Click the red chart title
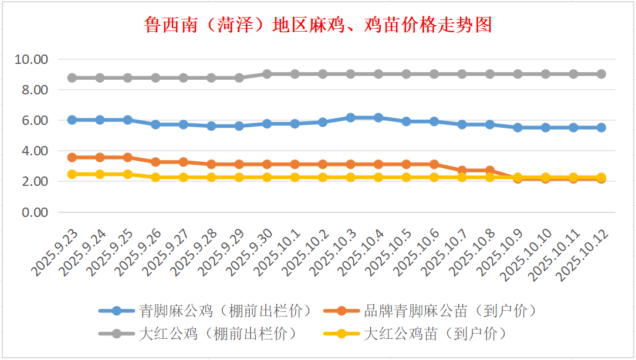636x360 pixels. (x=318, y=25)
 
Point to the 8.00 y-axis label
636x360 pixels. (x=35, y=90)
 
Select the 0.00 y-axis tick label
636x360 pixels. (x=35, y=212)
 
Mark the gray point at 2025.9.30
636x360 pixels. (x=267, y=74)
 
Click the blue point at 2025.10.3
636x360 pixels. (x=351, y=118)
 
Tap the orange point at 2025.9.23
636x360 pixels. (x=72, y=157)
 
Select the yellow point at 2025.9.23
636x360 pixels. (x=72, y=174)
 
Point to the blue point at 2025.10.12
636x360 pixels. (x=601, y=127)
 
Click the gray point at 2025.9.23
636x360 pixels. (x=72, y=77)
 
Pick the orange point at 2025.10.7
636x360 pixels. (x=462, y=171)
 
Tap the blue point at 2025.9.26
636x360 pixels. (x=155, y=124)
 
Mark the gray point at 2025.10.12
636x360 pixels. (x=601, y=74)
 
